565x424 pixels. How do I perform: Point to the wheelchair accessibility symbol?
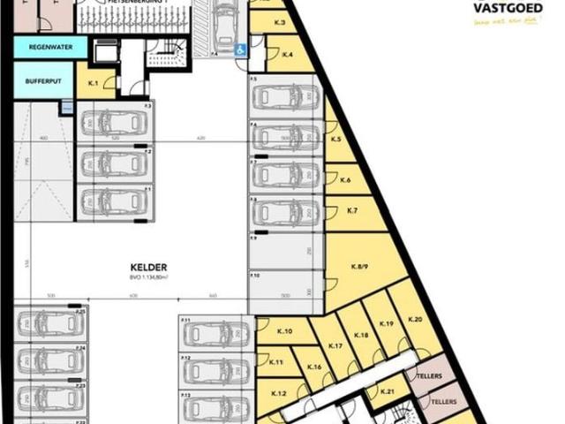tap(240, 50)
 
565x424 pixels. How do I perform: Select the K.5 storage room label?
tap(336, 140)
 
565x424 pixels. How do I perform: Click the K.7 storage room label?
tap(351, 211)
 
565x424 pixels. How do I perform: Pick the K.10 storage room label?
tap(286, 331)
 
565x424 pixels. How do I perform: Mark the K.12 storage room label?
tap(278, 393)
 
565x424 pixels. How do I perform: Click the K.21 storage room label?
tap(386, 391)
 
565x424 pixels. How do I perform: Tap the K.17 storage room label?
tap(335, 345)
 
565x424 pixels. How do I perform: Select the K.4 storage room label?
tap(286, 57)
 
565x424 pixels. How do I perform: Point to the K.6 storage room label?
tap(345, 180)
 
